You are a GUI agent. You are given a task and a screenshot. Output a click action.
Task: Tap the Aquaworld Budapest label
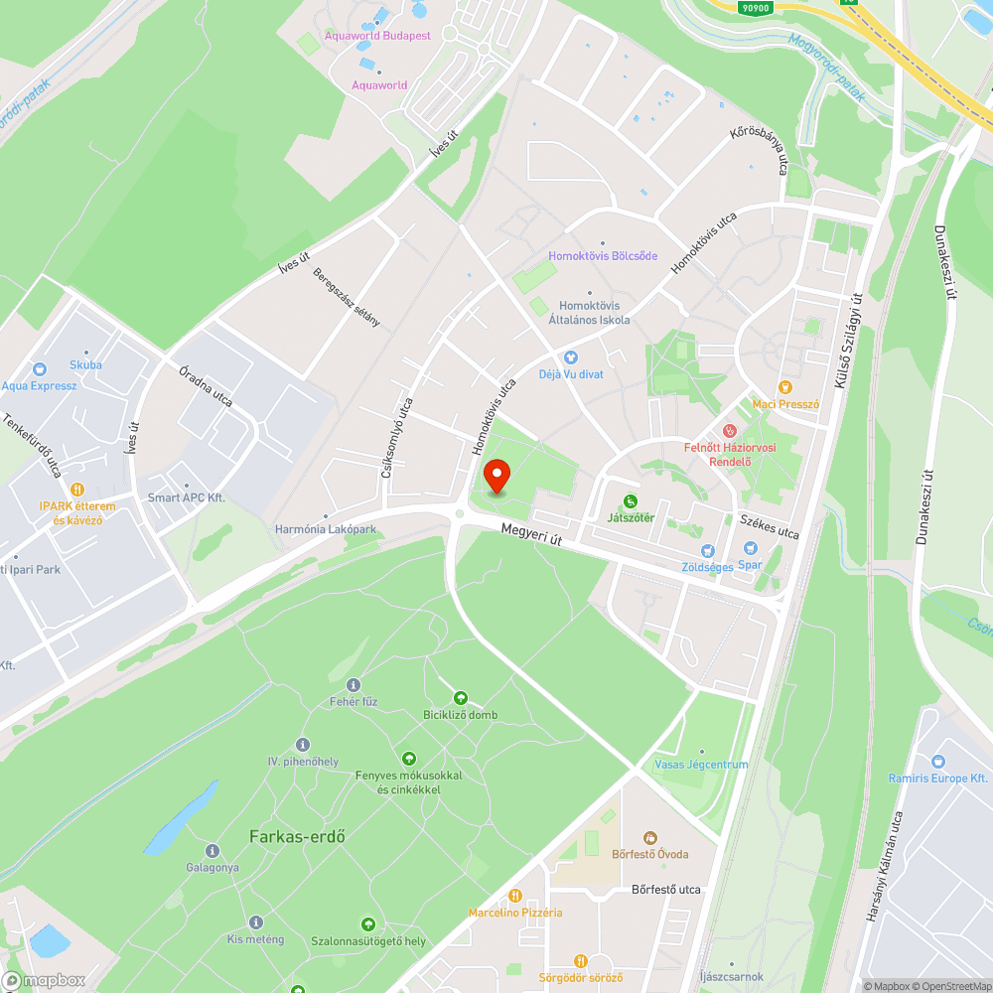point(377,36)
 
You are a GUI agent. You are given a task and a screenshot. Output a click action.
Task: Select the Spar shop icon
point(752,548)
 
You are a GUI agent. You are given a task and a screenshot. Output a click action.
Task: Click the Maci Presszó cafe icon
point(785,386)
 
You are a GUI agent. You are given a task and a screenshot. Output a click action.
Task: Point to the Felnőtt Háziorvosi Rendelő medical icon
point(730,431)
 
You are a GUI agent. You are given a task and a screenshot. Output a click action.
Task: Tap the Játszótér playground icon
point(630,500)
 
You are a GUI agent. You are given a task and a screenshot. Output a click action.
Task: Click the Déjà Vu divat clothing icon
point(570,357)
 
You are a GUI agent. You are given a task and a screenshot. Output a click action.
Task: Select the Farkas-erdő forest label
point(297,836)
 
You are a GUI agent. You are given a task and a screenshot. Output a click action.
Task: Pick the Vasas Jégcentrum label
point(701,765)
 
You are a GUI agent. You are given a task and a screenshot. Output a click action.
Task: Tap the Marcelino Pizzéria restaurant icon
point(515,896)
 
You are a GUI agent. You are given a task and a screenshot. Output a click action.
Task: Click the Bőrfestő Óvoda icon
point(650,838)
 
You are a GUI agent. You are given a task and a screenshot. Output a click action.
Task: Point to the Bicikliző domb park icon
point(460,699)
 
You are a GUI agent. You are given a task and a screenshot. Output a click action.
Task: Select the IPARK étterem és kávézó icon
point(77,490)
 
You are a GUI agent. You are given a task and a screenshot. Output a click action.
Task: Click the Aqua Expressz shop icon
point(39,369)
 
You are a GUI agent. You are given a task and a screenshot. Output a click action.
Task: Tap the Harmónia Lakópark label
point(326,529)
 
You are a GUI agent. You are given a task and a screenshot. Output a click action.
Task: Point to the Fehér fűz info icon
point(354,685)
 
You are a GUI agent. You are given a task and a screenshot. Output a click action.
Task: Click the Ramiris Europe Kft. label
point(938,779)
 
